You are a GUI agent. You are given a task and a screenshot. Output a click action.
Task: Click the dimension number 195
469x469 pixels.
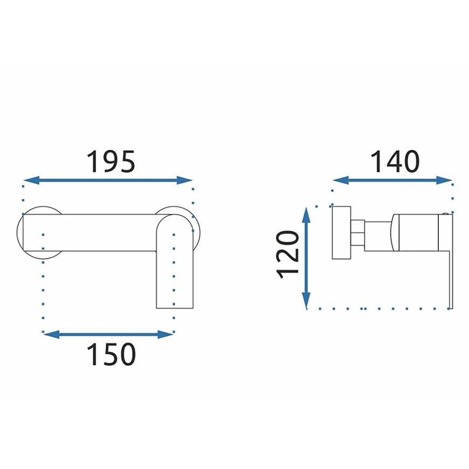111,162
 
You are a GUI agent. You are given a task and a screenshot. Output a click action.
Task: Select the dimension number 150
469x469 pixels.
111,354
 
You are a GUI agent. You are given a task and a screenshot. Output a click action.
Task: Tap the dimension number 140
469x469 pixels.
395,162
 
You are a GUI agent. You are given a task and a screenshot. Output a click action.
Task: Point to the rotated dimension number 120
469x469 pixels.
288,255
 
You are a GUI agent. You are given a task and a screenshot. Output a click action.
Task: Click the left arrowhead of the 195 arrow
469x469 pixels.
31,181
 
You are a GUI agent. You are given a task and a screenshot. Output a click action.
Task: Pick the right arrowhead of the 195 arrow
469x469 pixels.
184,181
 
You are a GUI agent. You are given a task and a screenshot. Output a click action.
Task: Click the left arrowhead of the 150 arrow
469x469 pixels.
51,334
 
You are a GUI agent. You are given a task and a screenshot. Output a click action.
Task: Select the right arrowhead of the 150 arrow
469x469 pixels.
165,334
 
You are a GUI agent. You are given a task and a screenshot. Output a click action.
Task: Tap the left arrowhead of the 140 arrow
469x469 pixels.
341,181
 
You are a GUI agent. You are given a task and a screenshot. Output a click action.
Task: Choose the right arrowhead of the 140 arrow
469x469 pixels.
444,181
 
